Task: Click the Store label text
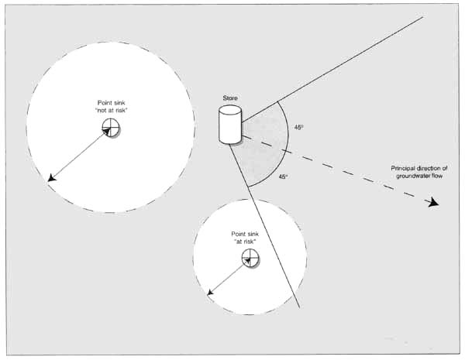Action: pyautogui.click(x=229, y=98)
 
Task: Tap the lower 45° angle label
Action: pyautogui.click(x=283, y=177)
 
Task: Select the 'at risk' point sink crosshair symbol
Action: pyautogui.click(x=250, y=259)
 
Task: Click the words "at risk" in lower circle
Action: pyautogui.click(x=245, y=242)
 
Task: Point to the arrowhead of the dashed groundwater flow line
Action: pyautogui.click(x=432, y=202)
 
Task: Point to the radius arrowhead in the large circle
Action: pyautogui.click(x=51, y=180)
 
